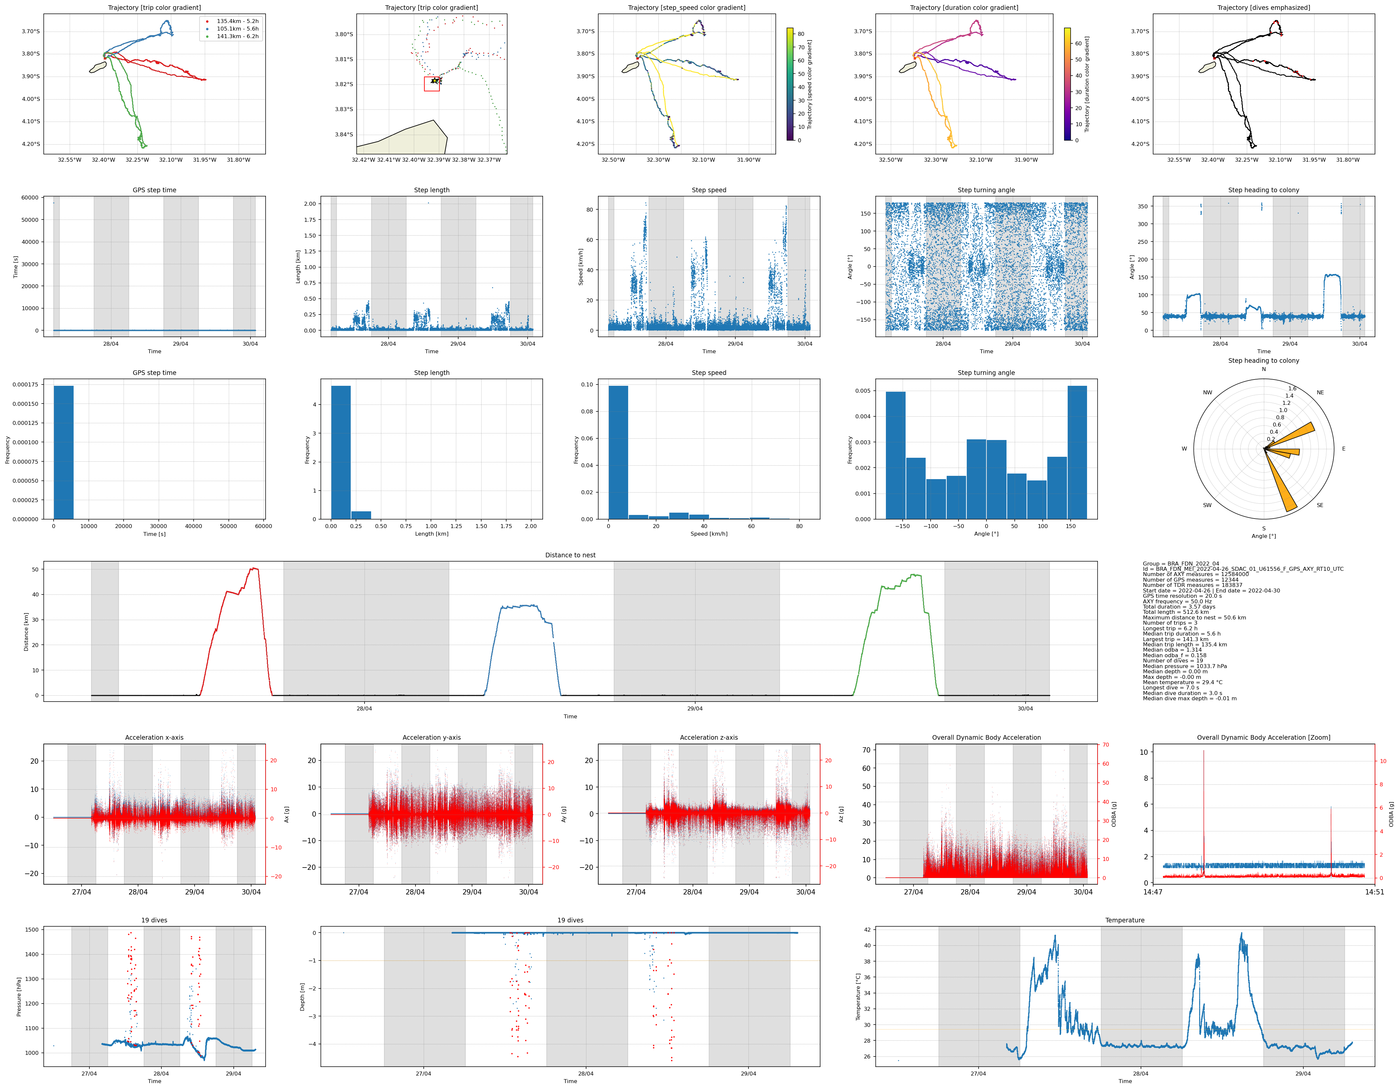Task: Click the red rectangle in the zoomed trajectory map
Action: coord(432,84)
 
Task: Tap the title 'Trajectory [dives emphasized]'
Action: coord(1263,8)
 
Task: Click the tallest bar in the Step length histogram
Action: coord(341,452)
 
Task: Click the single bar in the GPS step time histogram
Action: coord(63,452)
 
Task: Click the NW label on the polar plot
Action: coord(1207,392)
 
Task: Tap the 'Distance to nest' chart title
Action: coord(570,555)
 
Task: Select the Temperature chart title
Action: coord(1125,920)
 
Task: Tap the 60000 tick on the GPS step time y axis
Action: coord(30,198)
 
